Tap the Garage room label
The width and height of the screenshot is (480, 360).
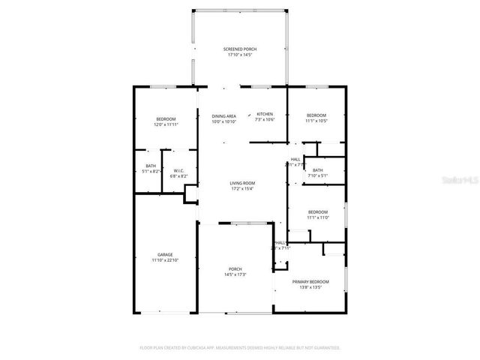[165, 254]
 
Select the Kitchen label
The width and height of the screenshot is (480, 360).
[265, 114]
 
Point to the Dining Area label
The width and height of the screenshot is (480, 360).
[223, 116]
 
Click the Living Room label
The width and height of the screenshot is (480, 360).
[242, 183]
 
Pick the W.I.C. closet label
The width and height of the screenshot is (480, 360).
[178, 170]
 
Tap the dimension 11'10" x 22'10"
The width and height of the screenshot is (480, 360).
[165, 259]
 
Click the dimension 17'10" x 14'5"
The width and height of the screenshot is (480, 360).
[240, 55]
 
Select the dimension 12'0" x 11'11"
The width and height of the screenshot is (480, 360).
[166, 125]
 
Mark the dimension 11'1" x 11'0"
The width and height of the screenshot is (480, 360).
[318, 217]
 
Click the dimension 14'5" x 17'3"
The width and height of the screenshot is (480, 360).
[235, 274]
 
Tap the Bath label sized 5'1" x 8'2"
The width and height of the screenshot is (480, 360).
[151, 166]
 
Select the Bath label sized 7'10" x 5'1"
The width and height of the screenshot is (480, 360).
[318, 170]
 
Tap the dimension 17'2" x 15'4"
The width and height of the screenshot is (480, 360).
[242, 188]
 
